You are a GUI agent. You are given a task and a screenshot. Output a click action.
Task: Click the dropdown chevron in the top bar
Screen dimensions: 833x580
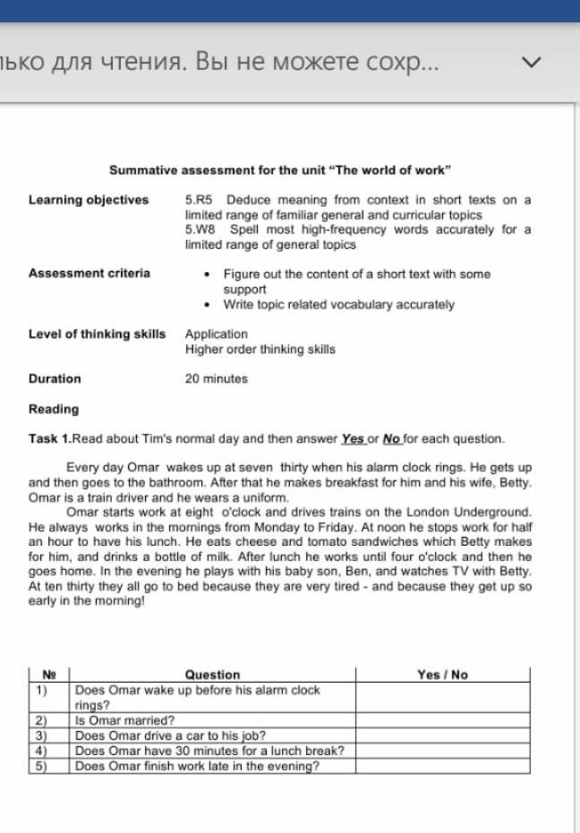(x=532, y=64)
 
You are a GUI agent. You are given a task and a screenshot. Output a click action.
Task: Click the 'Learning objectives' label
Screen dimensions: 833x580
(x=89, y=200)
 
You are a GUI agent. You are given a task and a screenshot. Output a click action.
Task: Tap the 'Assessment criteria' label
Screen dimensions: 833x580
(x=90, y=273)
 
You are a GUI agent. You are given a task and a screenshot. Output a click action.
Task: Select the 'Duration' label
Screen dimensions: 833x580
(x=55, y=378)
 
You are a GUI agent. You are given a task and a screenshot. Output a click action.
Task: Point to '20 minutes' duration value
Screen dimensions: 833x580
(x=217, y=378)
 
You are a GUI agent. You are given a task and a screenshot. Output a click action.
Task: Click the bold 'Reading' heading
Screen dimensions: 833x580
(x=54, y=409)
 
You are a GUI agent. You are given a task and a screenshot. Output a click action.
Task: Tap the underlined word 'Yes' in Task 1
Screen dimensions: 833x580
(x=353, y=439)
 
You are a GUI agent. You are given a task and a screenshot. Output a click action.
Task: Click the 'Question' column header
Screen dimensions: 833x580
(x=212, y=675)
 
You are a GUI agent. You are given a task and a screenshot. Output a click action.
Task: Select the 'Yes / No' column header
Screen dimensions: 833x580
(x=442, y=675)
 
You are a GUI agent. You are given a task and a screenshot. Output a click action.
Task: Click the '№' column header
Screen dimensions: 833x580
(x=48, y=675)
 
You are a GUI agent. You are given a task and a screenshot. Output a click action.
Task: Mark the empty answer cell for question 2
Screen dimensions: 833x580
(x=442, y=719)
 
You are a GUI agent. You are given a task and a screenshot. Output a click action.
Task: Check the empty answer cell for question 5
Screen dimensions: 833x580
(x=442, y=766)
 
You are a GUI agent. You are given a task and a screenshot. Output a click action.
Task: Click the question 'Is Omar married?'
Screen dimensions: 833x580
(x=125, y=719)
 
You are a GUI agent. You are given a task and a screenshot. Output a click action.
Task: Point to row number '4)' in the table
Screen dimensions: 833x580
(x=41, y=751)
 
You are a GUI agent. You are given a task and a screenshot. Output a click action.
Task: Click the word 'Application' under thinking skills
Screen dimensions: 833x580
(x=217, y=334)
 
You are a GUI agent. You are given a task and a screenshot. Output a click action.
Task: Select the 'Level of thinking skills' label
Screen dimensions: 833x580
(x=97, y=334)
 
